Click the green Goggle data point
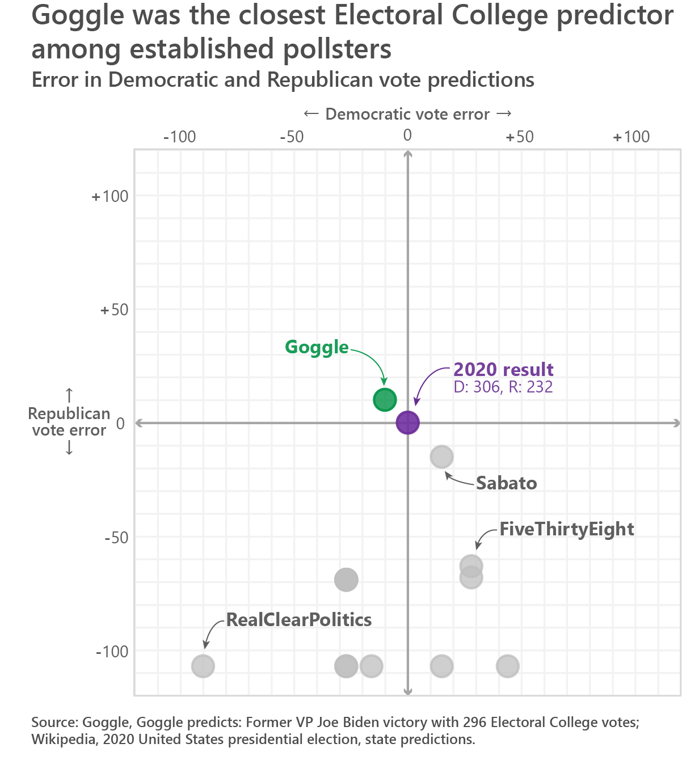(385, 400)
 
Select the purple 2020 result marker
(407, 423)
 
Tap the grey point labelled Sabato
(441, 457)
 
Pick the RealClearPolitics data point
(203, 666)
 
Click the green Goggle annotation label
(317, 347)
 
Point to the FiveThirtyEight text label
(566, 529)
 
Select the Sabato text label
(506, 483)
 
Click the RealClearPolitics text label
(299, 620)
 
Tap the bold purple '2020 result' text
(503, 370)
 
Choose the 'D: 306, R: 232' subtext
(503, 387)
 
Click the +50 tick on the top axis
(520, 137)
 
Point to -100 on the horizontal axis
(179, 137)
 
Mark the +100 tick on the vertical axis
(111, 196)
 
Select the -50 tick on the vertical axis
(116, 538)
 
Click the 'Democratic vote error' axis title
(407, 115)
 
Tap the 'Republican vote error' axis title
(69, 422)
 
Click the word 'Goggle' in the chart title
(78, 16)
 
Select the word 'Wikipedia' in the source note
(63, 740)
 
